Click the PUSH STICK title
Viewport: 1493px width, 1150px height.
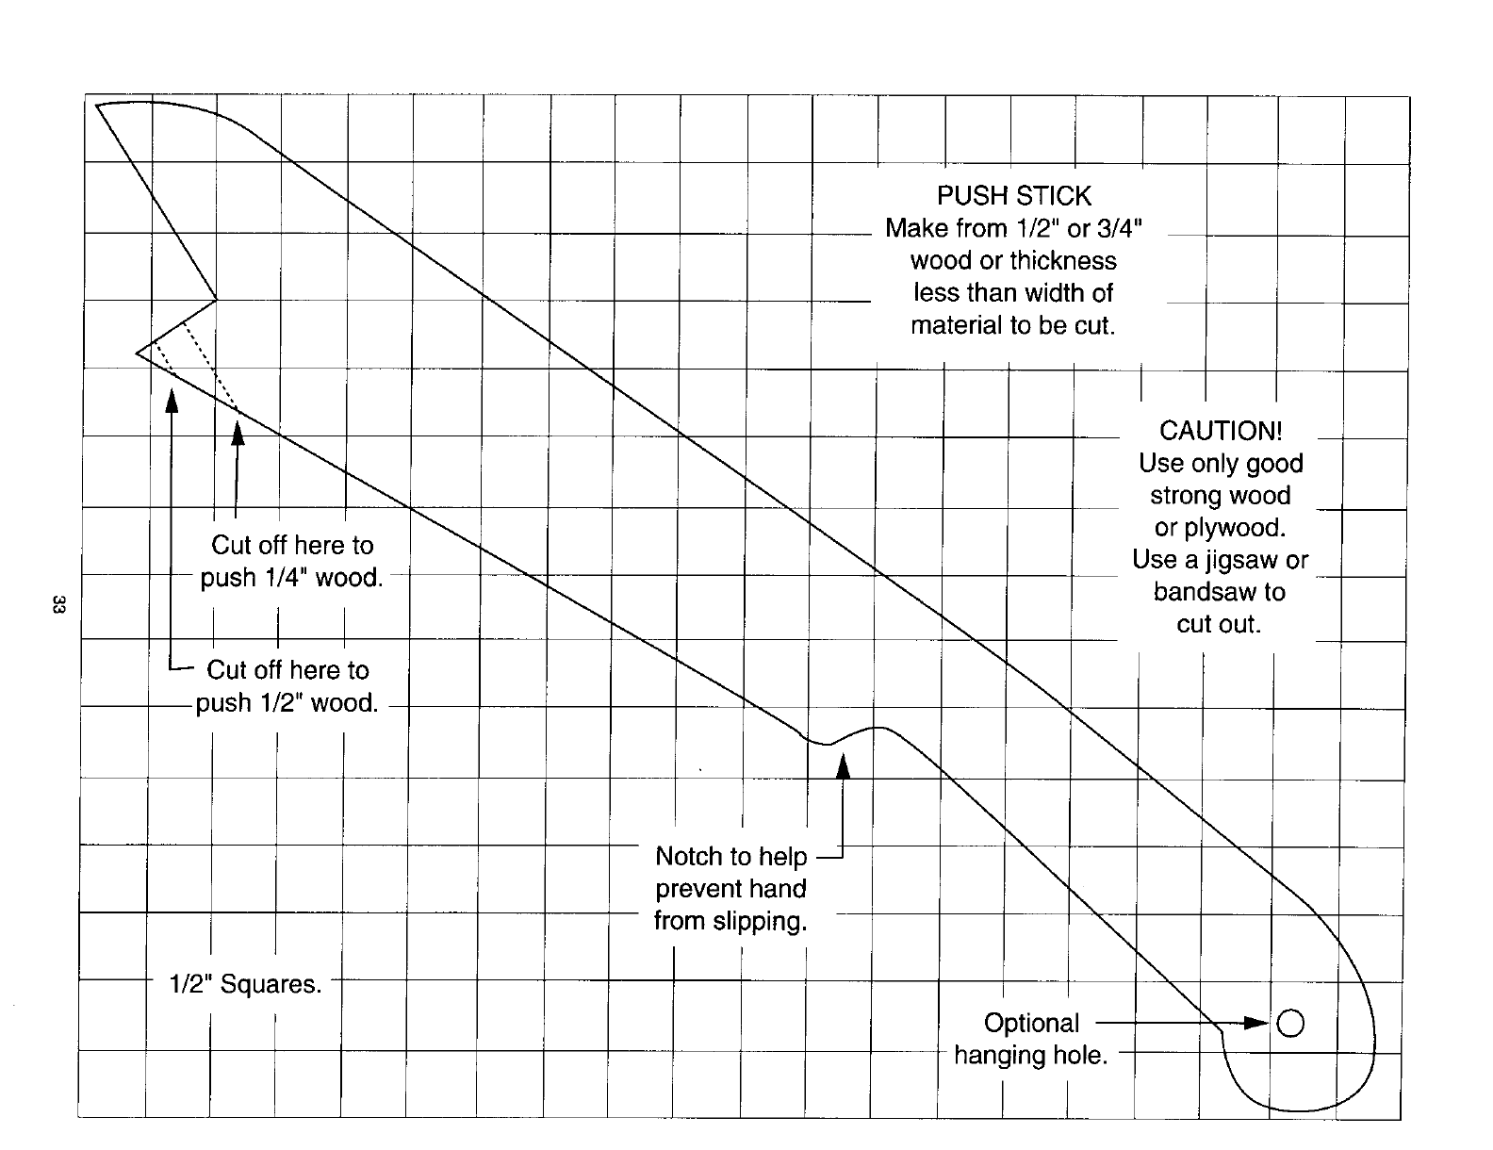click(x=1013, y=196)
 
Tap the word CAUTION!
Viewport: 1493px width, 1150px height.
click(x=1221, y=431)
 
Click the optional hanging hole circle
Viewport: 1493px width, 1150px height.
click(x=1289, y=1023)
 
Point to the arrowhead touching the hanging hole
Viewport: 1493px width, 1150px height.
click(x=1257, y=1023)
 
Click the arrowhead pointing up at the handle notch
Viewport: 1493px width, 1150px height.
click(x=844, y=767)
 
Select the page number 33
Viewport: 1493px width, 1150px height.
click(x=57, y=605)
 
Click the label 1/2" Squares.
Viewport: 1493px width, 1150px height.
click(x=245, y=985)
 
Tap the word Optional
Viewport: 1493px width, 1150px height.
click(x=1031, y=1024)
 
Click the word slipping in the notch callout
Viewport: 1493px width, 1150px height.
click(x=760, y=921)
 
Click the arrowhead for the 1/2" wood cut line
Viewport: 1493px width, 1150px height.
click(x=172, y=401)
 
